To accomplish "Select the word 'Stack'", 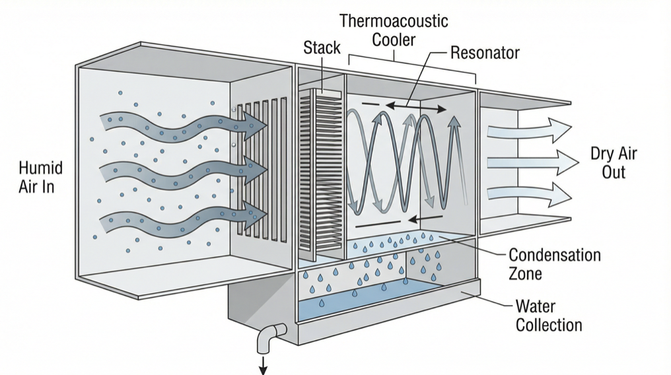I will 322,48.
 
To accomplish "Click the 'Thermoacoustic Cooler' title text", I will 394,30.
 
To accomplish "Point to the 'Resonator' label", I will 485,53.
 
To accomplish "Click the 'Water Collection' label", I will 548,316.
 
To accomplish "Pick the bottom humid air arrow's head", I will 254,214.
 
